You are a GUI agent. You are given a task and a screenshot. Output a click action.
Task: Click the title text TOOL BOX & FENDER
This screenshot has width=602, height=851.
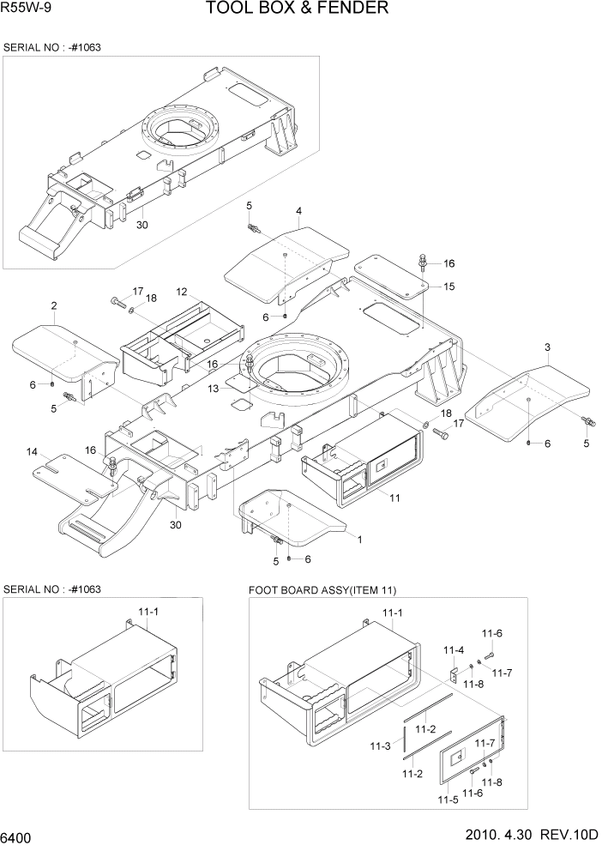click(297, 9)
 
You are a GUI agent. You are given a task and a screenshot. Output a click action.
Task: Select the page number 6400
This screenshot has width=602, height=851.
click(18, 836)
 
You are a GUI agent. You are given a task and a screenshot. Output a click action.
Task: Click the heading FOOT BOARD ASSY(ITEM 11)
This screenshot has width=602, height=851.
click(322, 590)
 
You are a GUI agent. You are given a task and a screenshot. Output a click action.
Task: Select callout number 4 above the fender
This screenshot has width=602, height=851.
click(298, 211)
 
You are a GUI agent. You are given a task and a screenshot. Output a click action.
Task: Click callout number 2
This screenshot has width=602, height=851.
click(54, 306)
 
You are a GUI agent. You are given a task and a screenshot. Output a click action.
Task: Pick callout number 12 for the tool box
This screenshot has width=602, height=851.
click(182, 292)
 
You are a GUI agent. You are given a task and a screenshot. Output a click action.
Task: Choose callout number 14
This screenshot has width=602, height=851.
click(32, 451)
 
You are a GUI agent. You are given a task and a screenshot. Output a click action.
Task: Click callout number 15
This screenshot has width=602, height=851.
click(448, 286)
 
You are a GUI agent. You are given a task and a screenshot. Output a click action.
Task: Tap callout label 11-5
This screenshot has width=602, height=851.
click(447, 800)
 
